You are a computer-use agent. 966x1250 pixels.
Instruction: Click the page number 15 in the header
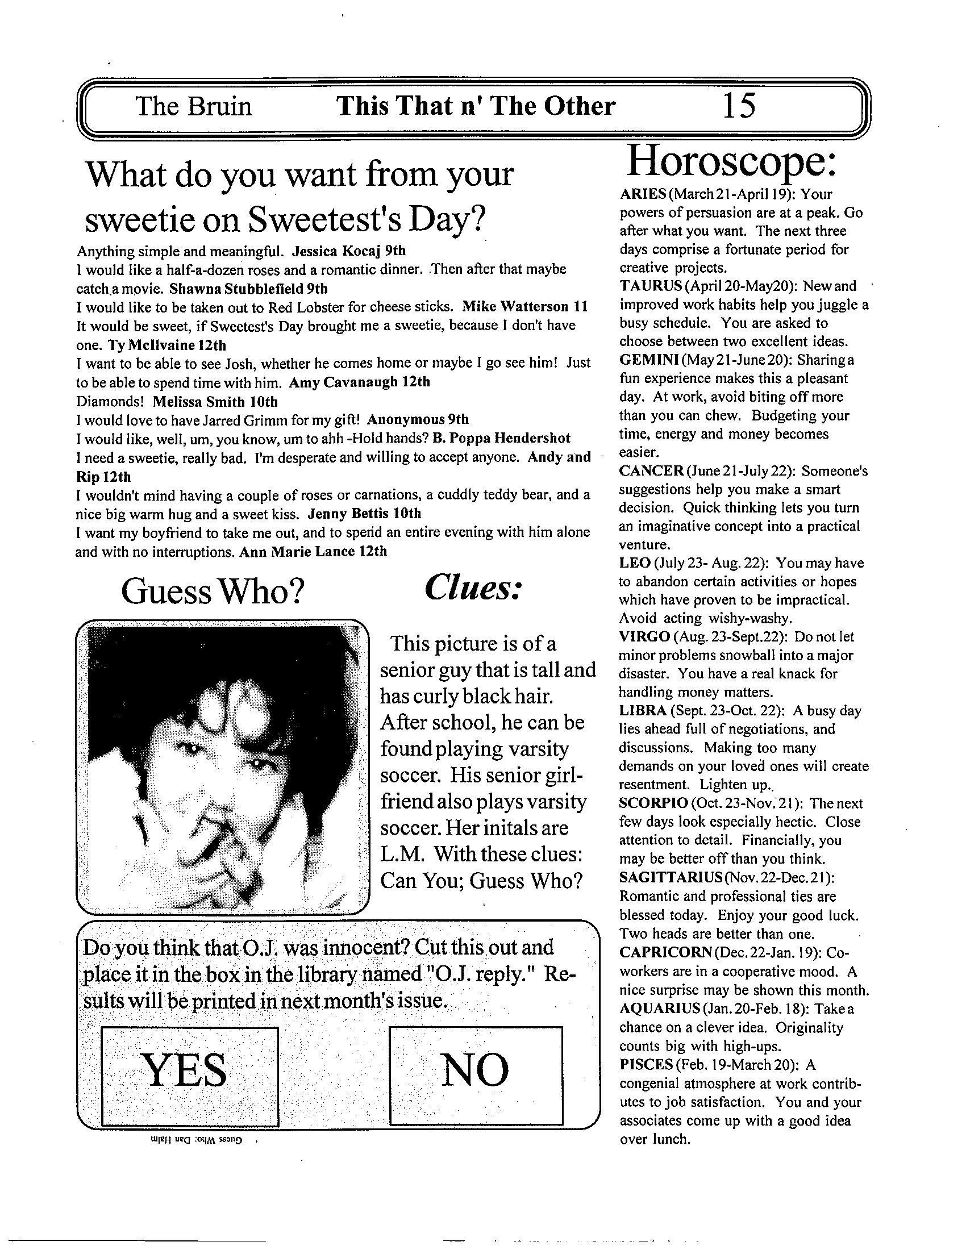tap(739, 106)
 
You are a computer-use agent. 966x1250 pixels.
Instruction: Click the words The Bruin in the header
tap(193, 106)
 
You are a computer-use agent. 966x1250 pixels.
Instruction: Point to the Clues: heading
tap(473, 588)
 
